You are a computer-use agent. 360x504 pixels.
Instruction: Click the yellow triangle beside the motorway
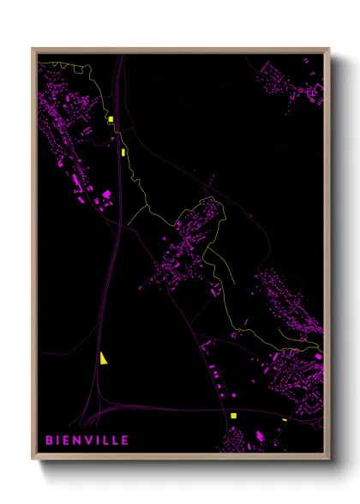102,358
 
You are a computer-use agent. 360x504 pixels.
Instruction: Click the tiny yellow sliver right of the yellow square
285,419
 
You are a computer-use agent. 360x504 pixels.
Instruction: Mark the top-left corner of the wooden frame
32,48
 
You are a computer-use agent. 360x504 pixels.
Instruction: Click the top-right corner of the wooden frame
329,48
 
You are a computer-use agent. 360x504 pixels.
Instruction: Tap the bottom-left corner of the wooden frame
32,459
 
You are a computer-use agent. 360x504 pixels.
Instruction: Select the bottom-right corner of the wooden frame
329,459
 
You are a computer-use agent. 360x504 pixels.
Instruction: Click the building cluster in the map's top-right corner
296,81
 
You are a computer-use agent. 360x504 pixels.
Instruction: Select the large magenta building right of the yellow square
260,436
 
